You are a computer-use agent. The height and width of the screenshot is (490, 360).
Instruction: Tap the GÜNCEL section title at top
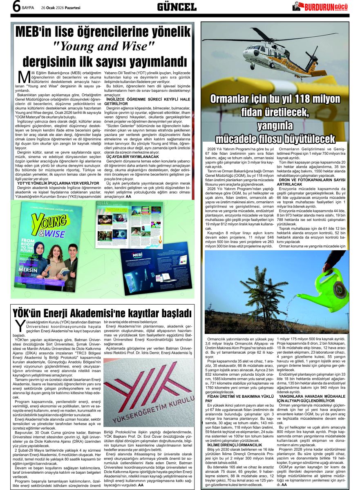177,7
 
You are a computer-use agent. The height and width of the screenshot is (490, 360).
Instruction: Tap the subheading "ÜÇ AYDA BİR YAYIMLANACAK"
132,157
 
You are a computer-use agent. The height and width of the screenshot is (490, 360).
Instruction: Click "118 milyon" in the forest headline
315,99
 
